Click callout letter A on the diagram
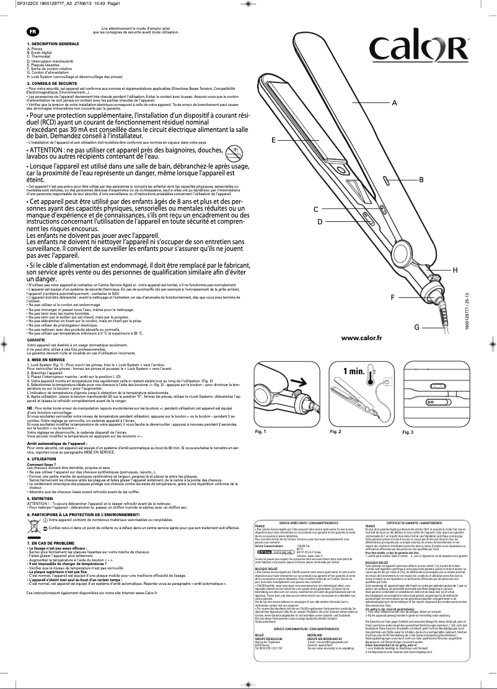pyautogui.click(x=394, y=104)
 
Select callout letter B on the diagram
pyautogui.click(x=421, y=180)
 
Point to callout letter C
pyautogui.click(x=315, y=209)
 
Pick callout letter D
pyautogui.click(x=320, y=221)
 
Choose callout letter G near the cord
pyautogui.click(x=417, y=327)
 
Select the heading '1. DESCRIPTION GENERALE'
pyautogui.click(x=53, y=45)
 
